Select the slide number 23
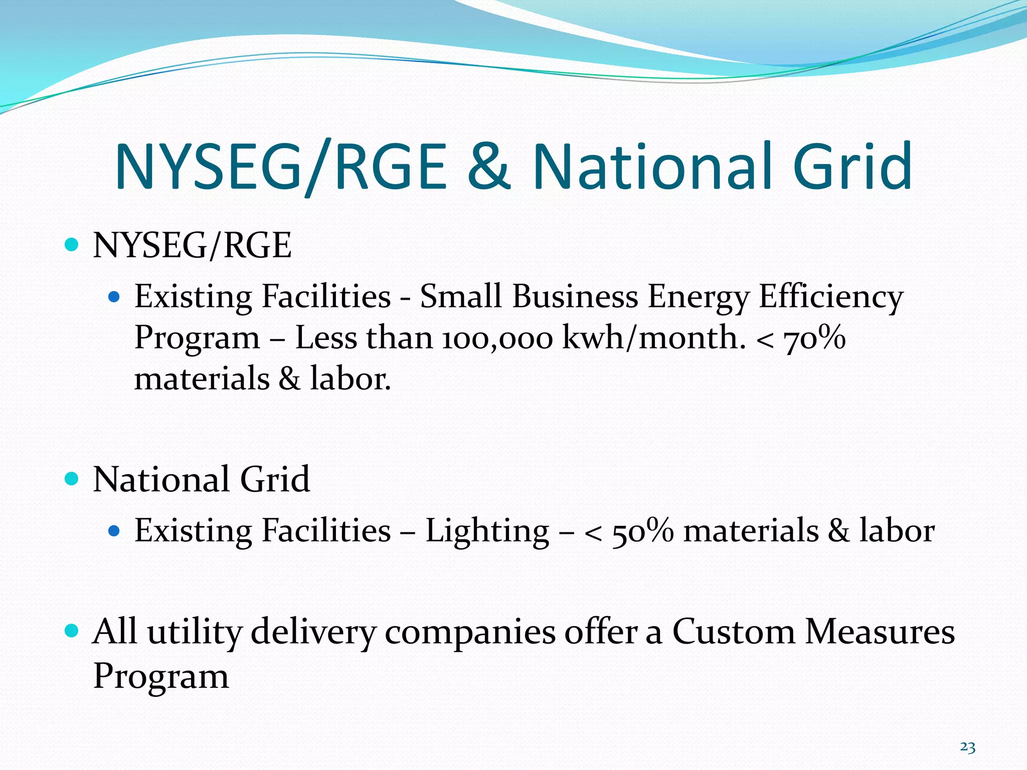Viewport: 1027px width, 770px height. [x=967, y=747]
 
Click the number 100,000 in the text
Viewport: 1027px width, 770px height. [x=497, y=338]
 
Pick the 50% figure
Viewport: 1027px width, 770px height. [x=642, y=531]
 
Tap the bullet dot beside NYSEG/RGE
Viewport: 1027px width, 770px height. [x=72, y=245]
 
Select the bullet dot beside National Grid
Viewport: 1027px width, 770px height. [x=72, y=479]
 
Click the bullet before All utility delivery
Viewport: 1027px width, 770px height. [x=72, y=630]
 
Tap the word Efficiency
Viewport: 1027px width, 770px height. [x=830, y=297]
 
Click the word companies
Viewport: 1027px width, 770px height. [x=470, y=633]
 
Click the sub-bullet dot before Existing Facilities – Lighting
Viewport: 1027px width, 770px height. [x=114, y=531]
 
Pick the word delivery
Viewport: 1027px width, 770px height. [x=313, y=632]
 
